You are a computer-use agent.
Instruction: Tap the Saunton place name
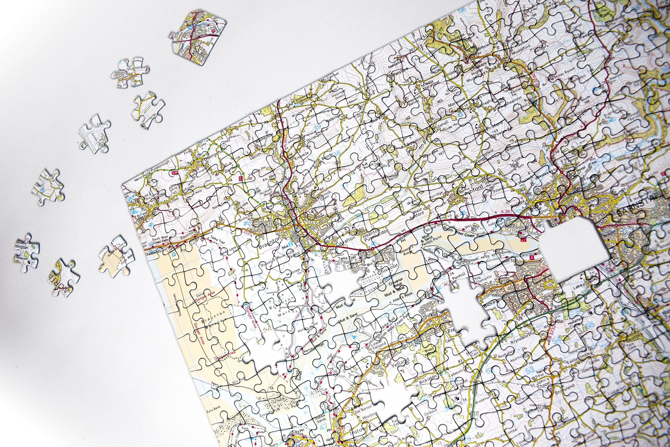[188, 236]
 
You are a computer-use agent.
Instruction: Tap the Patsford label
[401, 71]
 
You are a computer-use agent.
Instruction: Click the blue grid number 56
[462, 9]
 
